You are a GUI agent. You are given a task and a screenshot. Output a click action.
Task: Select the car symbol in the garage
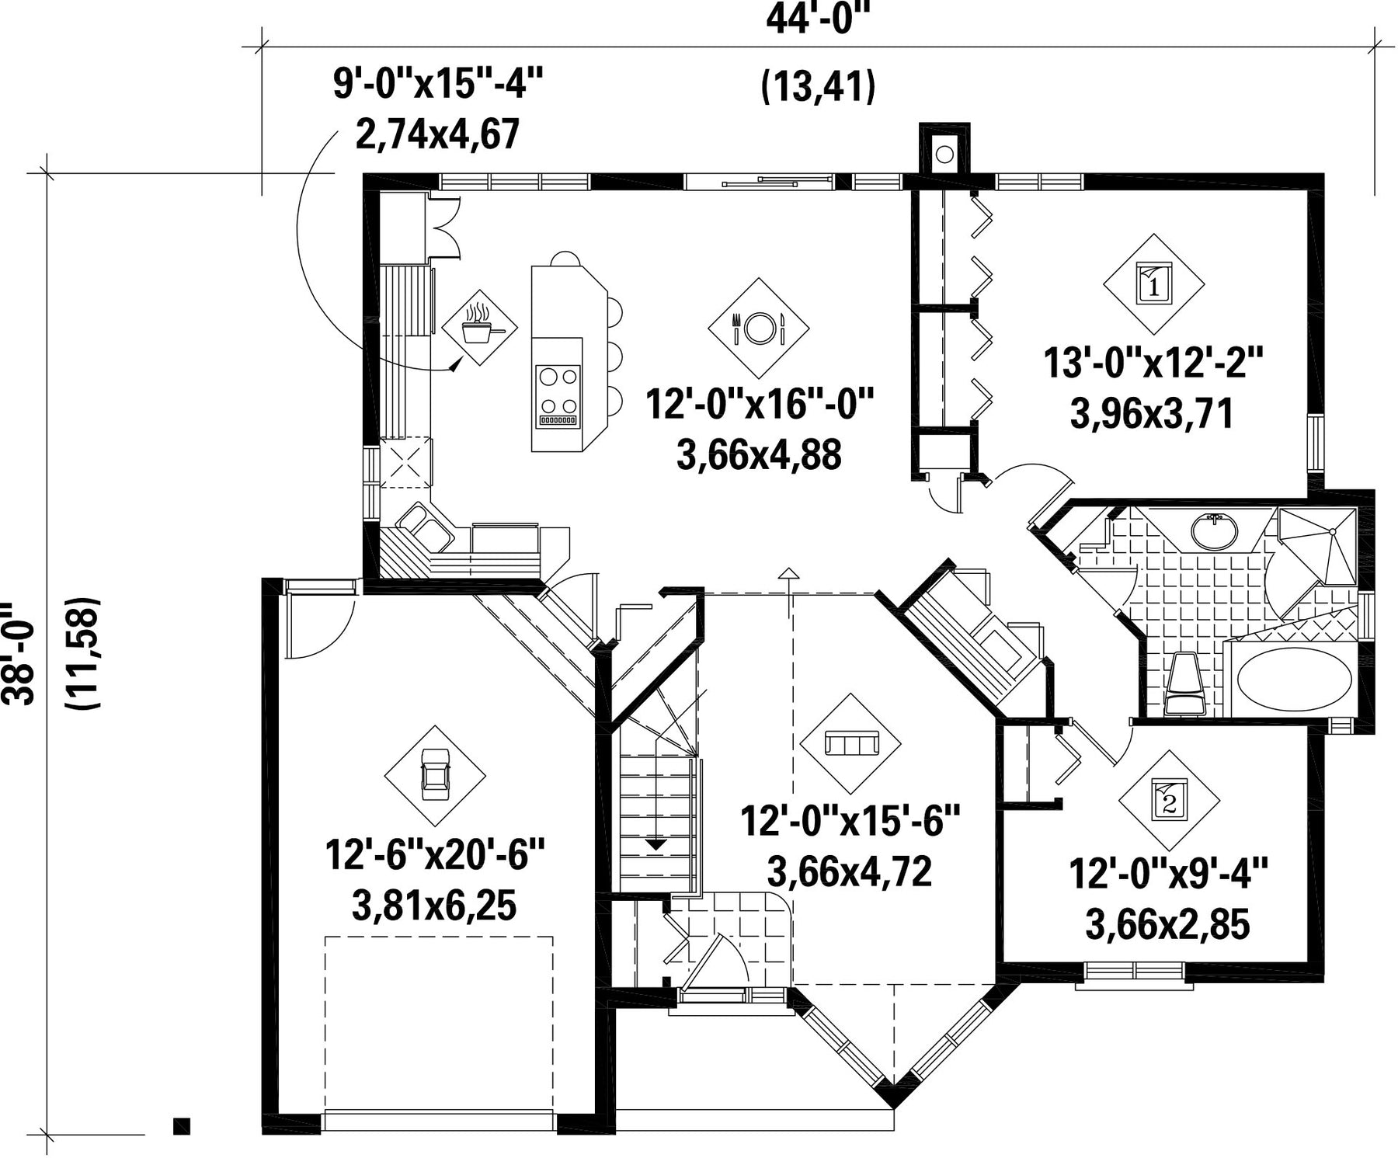point(435,774)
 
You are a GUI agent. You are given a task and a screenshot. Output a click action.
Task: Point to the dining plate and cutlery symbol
point(759,329)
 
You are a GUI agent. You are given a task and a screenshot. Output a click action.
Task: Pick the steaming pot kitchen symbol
point(481,325)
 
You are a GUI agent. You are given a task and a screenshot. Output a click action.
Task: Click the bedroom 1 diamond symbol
point(1154,283)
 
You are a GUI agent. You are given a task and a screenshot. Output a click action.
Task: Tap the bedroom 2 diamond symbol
point(1169,800)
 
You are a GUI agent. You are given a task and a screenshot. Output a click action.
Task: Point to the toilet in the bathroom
point(1185,683)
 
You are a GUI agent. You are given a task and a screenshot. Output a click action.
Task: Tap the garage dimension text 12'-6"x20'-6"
point(435,854)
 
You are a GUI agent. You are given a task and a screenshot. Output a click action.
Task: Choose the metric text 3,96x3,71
point(1152,415)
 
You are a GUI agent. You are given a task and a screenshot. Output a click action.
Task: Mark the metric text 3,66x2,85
point(1167,924)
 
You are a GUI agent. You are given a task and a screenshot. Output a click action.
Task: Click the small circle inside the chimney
point(944,155)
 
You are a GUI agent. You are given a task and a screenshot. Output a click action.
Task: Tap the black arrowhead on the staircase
point(656,844)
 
